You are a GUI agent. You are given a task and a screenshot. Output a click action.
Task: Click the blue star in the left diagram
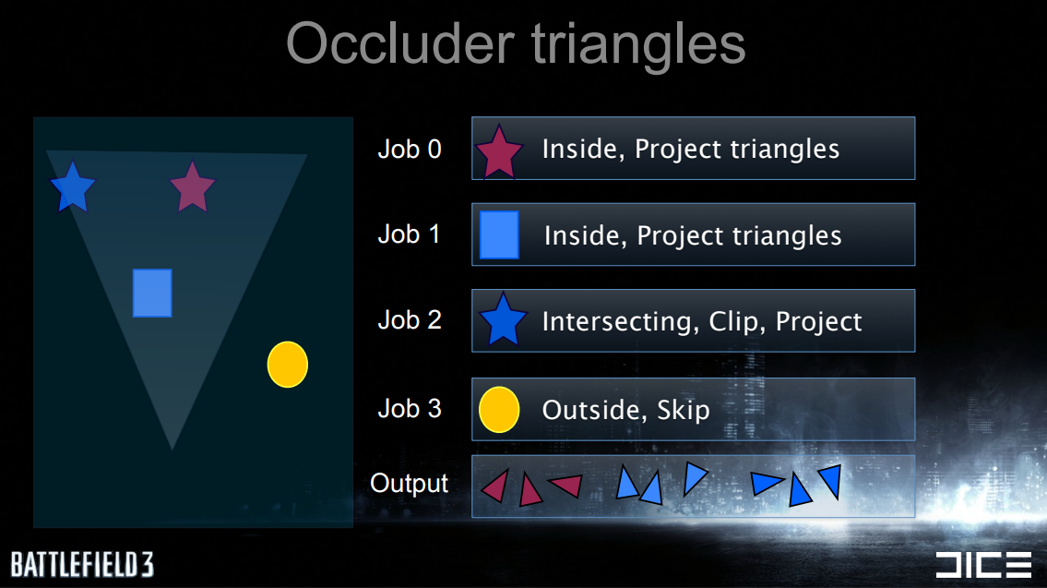pos(73,187)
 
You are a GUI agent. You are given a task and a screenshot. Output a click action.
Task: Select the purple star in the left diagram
pos(192,187)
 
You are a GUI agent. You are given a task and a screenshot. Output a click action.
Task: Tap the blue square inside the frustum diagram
pos(152,294)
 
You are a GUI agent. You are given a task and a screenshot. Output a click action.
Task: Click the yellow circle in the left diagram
pos(288,365)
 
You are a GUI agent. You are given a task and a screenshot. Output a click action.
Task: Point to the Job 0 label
pos(410,149)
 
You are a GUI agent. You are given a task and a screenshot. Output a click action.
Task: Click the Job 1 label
pos(409,234)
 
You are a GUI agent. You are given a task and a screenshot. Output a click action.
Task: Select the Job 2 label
pos(410,320)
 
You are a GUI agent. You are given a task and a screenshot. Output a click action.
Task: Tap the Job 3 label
pos(410,408)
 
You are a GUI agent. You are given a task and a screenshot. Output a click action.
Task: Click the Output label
pos(410,483)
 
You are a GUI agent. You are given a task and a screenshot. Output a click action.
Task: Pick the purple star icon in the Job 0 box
pos(499,152)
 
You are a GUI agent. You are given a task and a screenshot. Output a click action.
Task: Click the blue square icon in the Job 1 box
pos(499,234)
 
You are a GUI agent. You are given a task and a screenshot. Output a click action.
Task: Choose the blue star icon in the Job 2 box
pos(503,320)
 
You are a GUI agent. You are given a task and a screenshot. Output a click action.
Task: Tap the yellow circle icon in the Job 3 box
pos(499,410)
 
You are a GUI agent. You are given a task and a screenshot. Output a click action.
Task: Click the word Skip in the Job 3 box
pos(684,410)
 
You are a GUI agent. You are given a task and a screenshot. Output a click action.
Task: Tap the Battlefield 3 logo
pos(82,565)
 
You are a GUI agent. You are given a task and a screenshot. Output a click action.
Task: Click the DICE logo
pos(983,565)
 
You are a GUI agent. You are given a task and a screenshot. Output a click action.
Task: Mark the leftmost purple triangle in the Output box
pos(496,486)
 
